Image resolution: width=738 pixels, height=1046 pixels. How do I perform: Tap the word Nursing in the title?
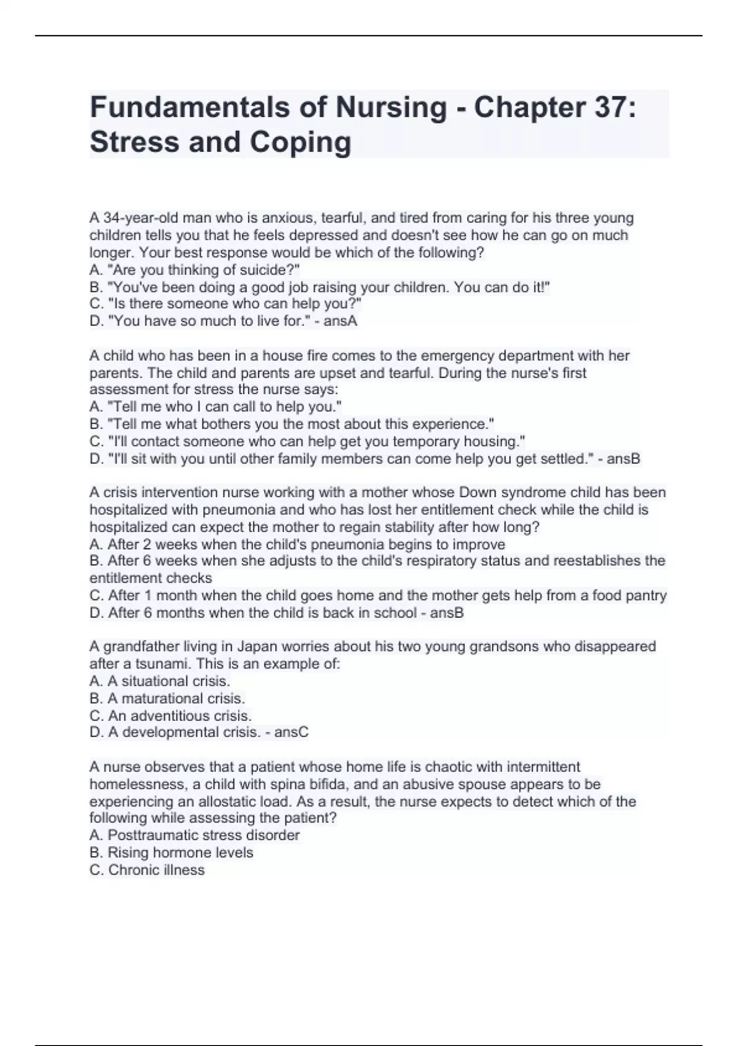click(391, 108)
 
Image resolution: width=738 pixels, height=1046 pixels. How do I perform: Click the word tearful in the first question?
click(342, 218)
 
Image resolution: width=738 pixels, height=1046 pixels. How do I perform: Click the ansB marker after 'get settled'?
click(624, 458)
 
